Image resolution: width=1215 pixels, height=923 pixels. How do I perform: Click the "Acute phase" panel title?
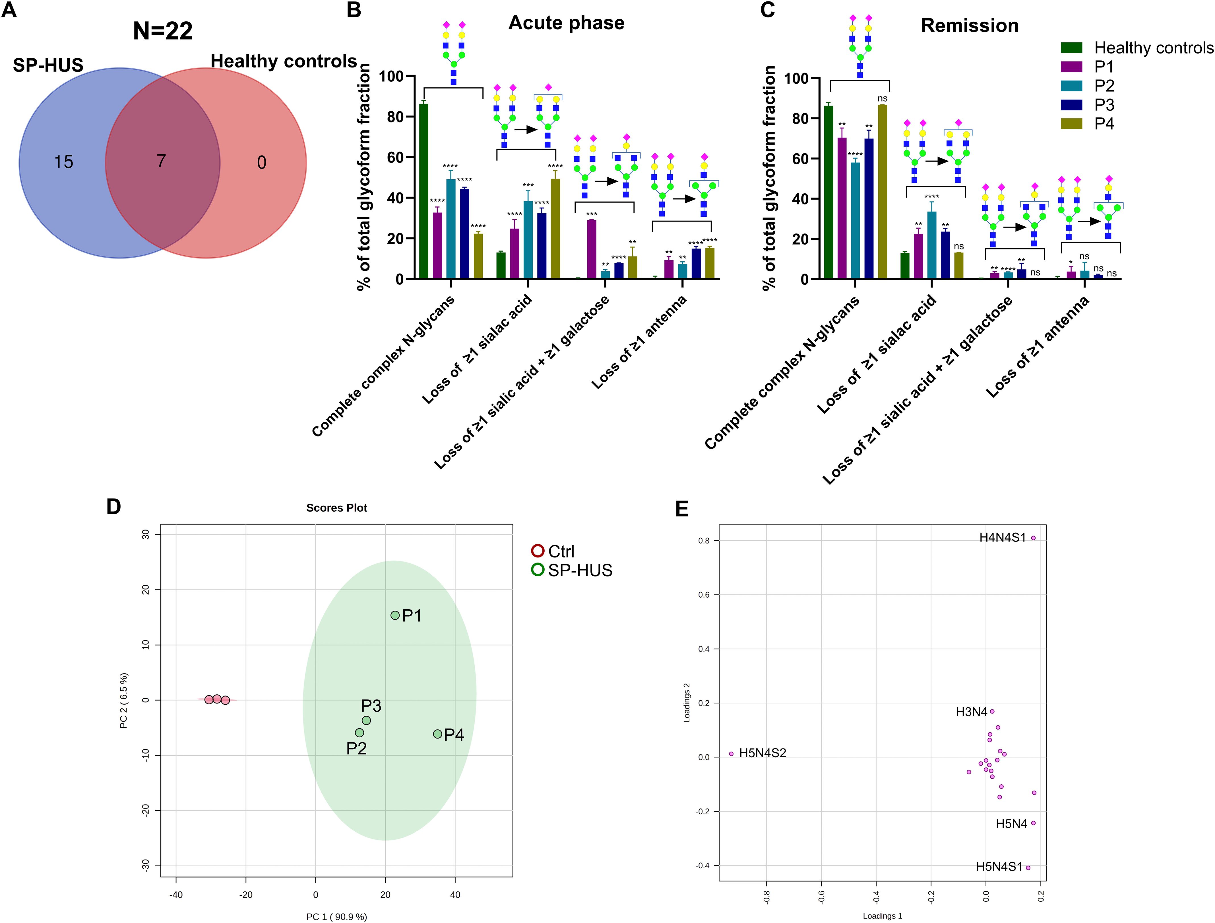point(566,23)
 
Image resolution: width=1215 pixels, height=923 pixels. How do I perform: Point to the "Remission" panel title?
point(970,26)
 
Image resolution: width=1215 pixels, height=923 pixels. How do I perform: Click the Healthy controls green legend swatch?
point(1071,48)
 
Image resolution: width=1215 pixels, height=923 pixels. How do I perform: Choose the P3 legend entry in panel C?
point(1104,105)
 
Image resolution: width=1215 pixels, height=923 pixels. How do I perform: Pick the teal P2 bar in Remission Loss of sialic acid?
point(931,245)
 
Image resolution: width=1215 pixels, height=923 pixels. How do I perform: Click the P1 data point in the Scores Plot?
point(395,615)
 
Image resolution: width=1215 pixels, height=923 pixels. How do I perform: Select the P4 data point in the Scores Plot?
point(437,734)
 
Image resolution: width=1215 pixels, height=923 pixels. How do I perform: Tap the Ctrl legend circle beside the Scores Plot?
point(538,551)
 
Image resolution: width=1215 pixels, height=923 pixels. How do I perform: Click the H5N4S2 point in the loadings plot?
point(731,754)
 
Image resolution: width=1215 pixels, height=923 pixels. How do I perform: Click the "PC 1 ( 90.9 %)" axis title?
point(337,916)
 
